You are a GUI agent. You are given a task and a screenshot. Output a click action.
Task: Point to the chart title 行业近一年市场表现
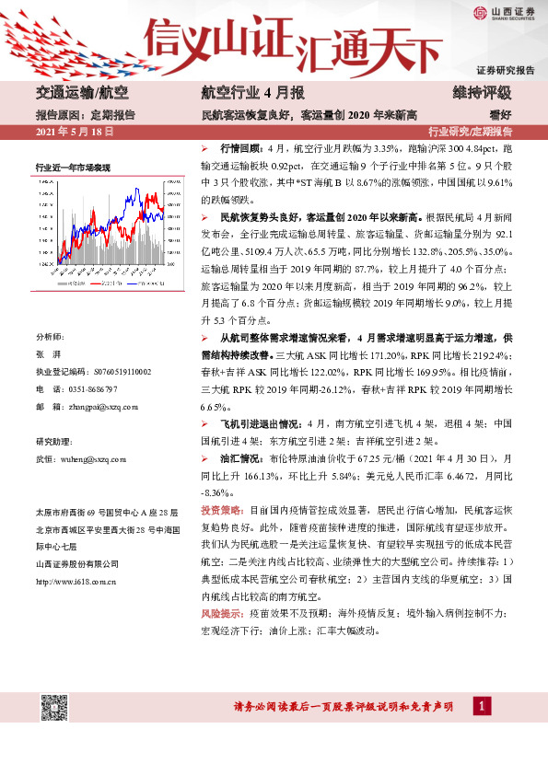73,168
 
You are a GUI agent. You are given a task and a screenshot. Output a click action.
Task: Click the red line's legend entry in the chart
108,284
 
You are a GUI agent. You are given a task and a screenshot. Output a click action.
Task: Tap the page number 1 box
480,706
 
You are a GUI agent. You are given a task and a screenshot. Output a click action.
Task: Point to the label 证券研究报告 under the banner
506,71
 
